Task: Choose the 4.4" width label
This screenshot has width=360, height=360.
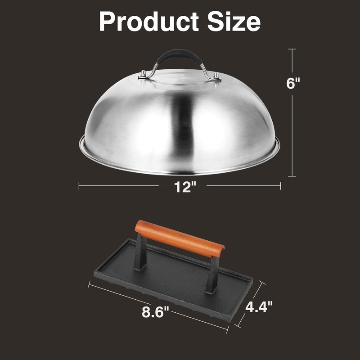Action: point(259,307)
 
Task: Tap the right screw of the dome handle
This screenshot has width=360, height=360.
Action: point(216,76)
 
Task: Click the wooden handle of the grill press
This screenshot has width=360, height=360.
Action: point(180,238)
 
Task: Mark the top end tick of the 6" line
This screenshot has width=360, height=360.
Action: point(293,49)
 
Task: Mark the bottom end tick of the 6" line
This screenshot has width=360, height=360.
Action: point(293,176)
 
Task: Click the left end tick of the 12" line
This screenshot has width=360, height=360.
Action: point(79,185)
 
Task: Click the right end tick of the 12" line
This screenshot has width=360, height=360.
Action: point(280,185)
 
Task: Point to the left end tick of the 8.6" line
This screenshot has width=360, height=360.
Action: point(89,284)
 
